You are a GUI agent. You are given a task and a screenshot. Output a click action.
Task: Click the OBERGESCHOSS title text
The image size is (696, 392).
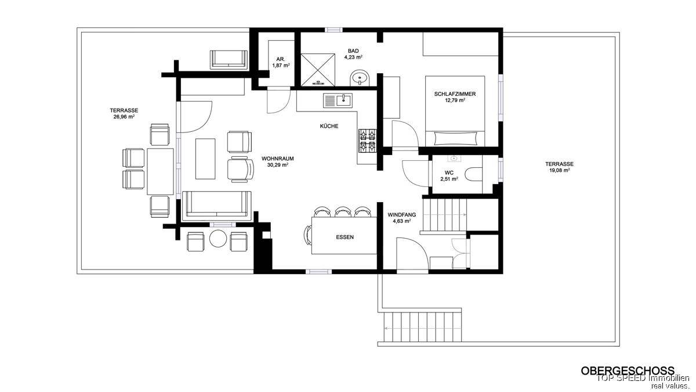point(628,371)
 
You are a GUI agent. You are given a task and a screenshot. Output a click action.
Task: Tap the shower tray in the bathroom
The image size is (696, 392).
point(318,70)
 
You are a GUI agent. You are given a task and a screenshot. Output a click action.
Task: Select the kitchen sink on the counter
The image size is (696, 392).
point(338,100)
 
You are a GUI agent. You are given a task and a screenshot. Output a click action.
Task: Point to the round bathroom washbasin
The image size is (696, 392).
point(360,78)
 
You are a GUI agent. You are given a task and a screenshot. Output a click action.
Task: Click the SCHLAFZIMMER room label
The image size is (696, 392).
point(455,94)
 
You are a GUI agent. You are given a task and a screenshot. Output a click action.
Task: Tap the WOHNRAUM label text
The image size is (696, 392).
point(277,159)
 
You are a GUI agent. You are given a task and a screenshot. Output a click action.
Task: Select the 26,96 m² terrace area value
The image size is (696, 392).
point(124,117)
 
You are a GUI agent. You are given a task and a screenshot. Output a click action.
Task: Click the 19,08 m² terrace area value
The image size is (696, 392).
point(559,171)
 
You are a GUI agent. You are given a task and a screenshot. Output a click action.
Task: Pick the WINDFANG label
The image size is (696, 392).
point(402,215)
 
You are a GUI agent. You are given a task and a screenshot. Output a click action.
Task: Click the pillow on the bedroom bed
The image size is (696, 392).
point(455,138)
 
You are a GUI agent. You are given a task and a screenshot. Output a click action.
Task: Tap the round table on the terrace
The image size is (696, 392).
point(218,239)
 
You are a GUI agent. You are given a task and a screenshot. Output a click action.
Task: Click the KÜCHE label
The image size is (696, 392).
point(329,127)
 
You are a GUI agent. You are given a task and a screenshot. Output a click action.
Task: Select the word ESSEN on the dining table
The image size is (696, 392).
point(345,237)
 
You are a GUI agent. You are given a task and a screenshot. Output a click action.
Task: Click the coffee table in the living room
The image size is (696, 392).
point(205,159)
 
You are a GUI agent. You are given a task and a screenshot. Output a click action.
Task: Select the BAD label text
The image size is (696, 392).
point(353,51)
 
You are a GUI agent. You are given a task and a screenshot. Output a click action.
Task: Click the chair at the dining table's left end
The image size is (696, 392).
point(307,236)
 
